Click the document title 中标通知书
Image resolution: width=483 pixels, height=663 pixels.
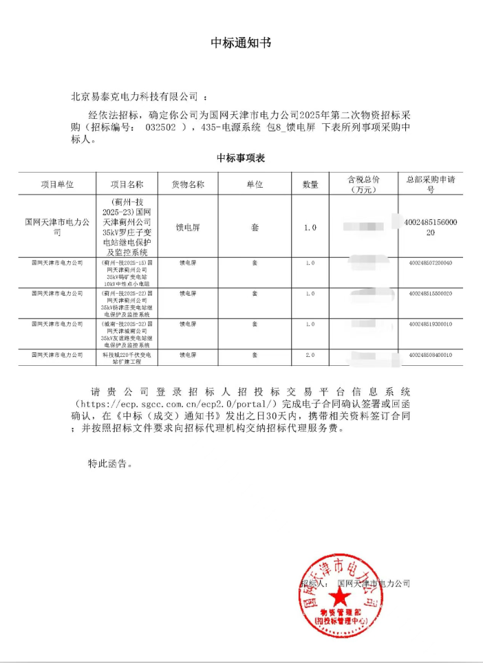tap(241, 43)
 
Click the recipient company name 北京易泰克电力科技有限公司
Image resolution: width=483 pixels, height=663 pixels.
tap(135, 96)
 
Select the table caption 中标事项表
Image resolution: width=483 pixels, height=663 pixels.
tap(241, 158)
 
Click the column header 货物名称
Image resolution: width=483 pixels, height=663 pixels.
tap(187, 184)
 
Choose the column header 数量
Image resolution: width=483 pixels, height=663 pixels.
tap(310, 184)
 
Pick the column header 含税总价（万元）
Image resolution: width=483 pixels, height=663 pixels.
tap(363, 184)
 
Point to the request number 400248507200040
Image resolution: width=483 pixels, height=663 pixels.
tap(431, 263)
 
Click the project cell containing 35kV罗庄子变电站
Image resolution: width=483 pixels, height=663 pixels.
tap(123, 227)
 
